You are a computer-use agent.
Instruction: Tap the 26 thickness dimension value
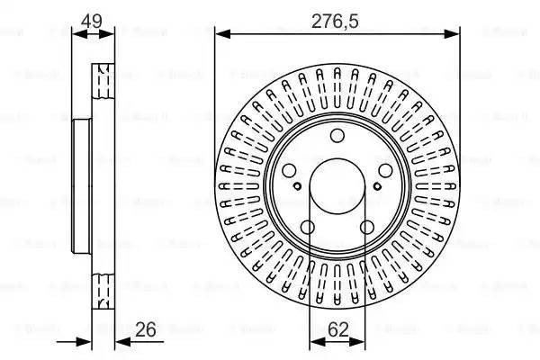coord(144,330)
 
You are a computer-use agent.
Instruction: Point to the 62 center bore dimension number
coord(337,330)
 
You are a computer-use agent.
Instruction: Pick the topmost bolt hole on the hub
coord(337,137)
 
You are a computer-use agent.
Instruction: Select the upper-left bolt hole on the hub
coord(288,171)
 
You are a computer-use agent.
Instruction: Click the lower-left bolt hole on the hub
coord(307,228)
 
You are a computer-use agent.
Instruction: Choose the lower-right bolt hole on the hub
coord(367,228)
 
